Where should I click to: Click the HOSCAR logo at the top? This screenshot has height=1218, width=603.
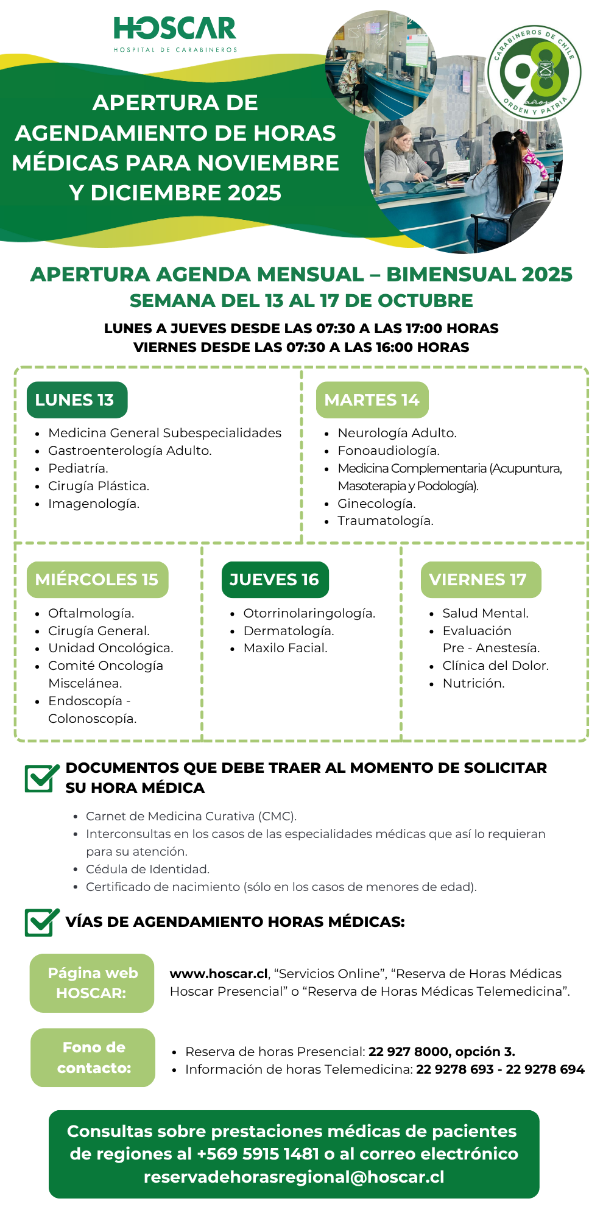(x=175, y=33)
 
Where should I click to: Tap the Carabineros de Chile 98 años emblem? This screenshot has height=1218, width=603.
(x=534, y=72)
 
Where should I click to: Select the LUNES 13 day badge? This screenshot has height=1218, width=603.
(x=77, y=400)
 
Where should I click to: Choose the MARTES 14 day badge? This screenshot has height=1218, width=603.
(x=372, y=400)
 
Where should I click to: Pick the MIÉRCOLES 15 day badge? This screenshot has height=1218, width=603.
(x=97, y=580)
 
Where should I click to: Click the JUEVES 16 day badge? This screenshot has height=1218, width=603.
(x=275, y=580)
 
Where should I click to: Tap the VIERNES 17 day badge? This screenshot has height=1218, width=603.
(x=480, y=580)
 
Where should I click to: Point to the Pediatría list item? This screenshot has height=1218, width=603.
(x=78, y=468)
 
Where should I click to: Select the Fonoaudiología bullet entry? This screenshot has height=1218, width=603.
(x=388, y=451)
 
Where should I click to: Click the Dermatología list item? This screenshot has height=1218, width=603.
(x=288, y=631)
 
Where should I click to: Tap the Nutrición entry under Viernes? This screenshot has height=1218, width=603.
(x=473, y=683)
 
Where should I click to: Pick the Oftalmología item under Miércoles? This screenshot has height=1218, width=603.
(x=91, y=613)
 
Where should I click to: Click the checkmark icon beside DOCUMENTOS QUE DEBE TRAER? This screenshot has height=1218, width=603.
(x=41, y=778)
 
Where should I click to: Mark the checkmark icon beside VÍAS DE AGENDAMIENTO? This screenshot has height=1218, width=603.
(x=41, y=922)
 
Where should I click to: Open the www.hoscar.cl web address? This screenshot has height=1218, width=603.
(x=219, y=974)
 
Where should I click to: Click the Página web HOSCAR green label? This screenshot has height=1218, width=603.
(x=92, y=983)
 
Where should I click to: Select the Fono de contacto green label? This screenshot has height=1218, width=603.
(x=93, y=1057)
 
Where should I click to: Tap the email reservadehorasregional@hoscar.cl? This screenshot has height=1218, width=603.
(x=294, y=1177)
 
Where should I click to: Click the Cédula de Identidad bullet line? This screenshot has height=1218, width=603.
(x=147, y=869)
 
